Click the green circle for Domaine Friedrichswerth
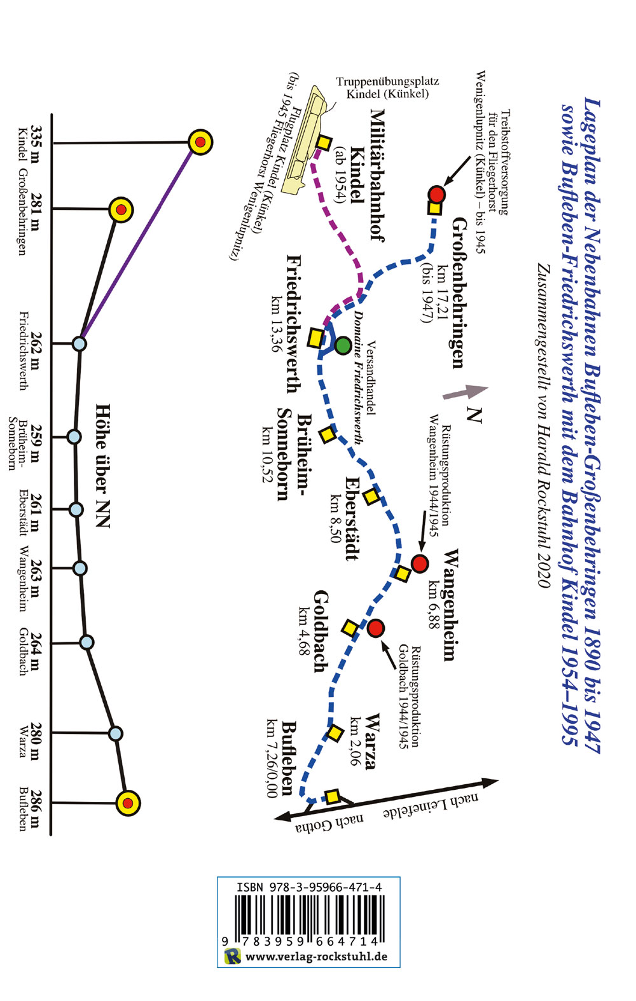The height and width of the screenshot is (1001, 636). (x=343, y=345)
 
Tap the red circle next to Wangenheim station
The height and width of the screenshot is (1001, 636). (x=420, y=563)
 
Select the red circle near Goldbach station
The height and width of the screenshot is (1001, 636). (x=376, y=628)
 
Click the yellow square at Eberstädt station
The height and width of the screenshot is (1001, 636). (x=371, y=496)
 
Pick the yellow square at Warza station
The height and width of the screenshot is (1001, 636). (x=335, y=733)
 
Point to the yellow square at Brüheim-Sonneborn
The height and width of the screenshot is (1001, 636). (x=327, y=435)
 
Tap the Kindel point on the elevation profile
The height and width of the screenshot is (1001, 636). (x=200, y=142)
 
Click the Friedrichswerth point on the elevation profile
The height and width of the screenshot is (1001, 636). (x=79, y=343)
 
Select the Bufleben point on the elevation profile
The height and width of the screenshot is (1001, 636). (x=128, y=803)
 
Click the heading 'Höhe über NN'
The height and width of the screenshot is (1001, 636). (x=102, y=466)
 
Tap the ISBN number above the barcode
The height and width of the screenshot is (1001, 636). (x=308, y=887)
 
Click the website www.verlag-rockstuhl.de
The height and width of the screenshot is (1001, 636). (x=316, y=956)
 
